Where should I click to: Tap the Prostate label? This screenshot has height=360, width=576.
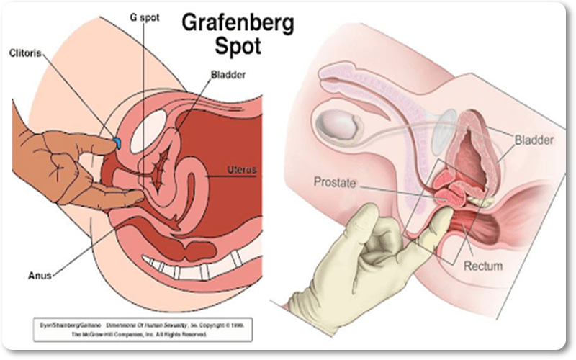[334, 183]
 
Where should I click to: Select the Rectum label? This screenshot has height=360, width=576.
[483, 266]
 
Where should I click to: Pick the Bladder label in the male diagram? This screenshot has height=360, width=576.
[535, 138]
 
